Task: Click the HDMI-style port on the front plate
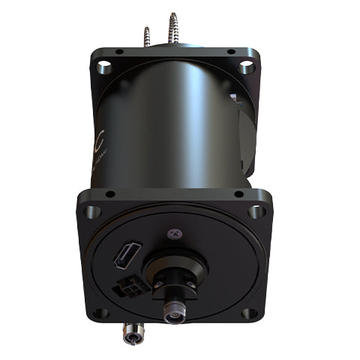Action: click(x=123, y=256)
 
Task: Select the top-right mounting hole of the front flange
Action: click(x=256, y=211)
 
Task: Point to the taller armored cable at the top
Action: click(x=174, y=26)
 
